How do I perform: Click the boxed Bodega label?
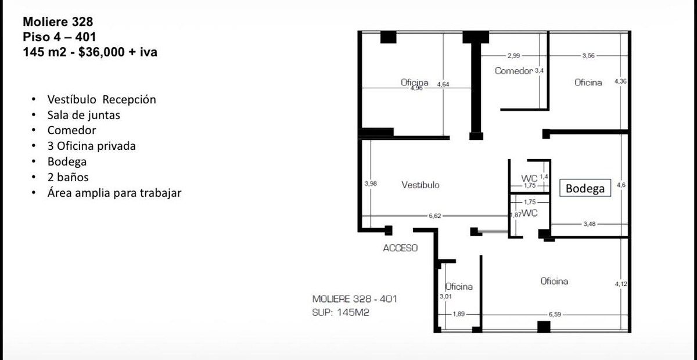pos(585,188)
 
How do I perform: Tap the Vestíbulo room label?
pos(421,185)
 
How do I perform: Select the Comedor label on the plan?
pos(513,71)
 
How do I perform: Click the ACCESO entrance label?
pos(400,248)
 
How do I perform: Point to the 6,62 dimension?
pos(435,215)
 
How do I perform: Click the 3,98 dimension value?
pos(371,183)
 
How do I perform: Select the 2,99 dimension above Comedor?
pos(513,56)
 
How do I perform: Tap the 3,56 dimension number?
pos(588,56)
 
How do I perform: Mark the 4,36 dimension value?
pos(620,81)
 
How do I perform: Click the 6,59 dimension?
pos(555,314)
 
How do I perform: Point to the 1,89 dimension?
pos(459,314)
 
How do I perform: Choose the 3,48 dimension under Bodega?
pos(590,224)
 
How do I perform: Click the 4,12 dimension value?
pos(621,284)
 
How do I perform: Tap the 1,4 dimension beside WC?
pos(544,177)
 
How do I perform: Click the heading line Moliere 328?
pos(58,22)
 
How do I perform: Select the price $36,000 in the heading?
pos(102,52)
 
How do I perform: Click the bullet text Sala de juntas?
pos(84,115)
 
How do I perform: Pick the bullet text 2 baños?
pos(68,177)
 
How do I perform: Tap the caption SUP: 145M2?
pos(341,312)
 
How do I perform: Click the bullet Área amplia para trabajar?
pos(114,193)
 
